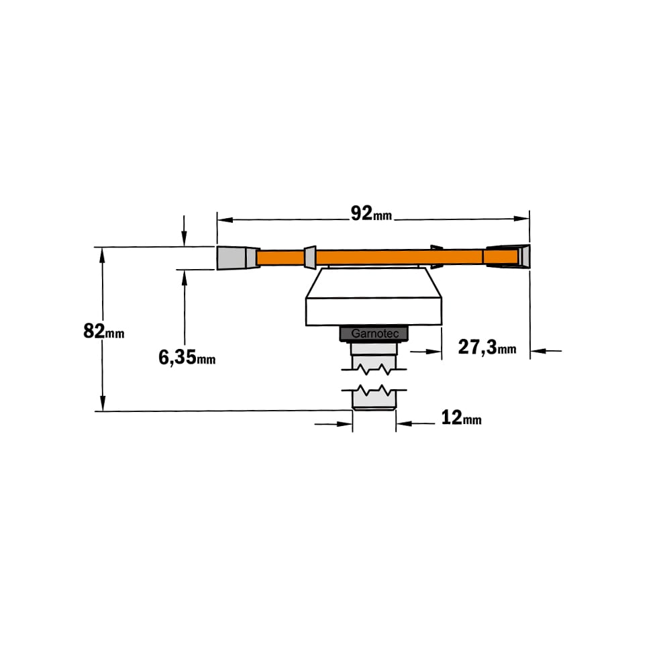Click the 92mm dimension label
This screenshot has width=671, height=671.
click(x=371, y=213)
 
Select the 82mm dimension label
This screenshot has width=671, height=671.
click(x=103, y=331)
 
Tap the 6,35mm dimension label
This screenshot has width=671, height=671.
click(x=187, y=358)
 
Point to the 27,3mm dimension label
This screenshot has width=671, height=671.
click(x=487, y=347)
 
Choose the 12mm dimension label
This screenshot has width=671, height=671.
click(x=461, y=417)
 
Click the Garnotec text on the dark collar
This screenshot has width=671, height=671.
click(x=374, y=333)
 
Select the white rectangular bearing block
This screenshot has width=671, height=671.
click(x=374, y=311)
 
